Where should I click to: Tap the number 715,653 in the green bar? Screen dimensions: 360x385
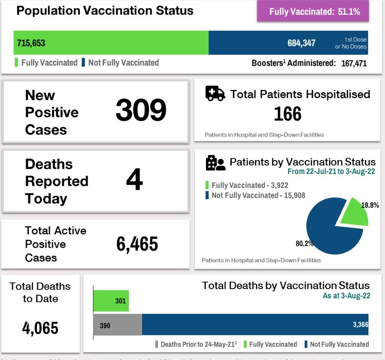31,43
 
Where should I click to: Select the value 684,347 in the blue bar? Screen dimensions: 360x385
301,43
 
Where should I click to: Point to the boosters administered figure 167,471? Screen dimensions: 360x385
352,63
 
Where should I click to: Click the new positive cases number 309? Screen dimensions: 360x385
141,110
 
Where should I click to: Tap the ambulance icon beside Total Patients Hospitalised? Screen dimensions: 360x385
215,93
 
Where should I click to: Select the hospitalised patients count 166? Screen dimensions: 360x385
287,114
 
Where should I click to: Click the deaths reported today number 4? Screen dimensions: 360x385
134,180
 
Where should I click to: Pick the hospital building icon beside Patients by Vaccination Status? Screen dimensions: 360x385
216,163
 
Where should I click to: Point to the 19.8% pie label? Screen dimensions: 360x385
371,205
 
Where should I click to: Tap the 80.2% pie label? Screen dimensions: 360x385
305,243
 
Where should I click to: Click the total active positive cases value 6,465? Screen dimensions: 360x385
137,244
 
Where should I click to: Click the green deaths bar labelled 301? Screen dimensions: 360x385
111,301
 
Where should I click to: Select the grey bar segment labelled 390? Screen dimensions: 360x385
117,325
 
